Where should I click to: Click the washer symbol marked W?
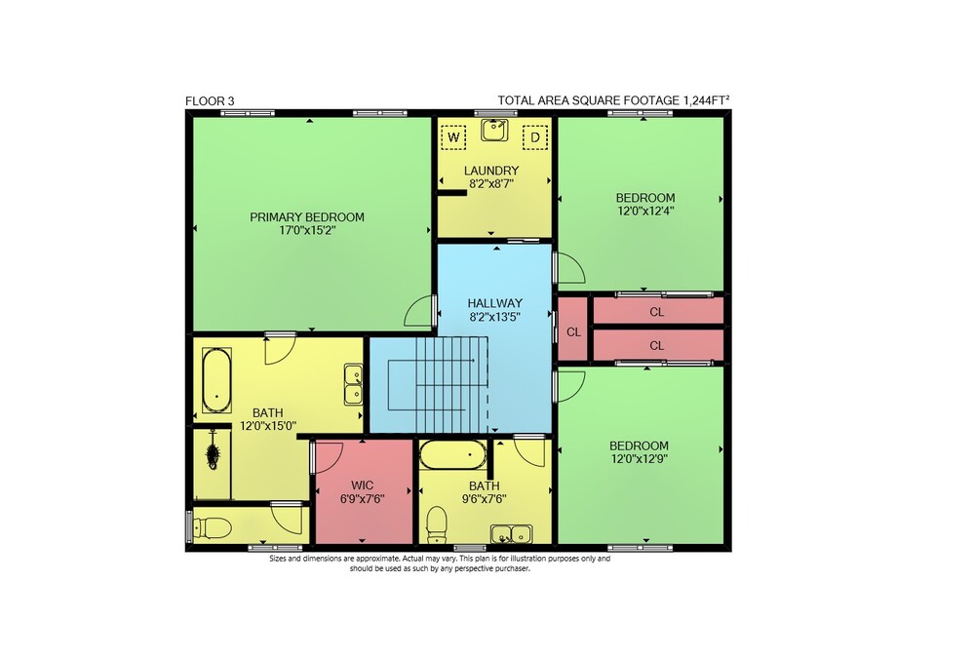pos(453,136)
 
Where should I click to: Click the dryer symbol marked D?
pos(534,136)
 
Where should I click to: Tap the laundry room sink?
pos(494,130)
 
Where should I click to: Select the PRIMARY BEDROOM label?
pos(307,216)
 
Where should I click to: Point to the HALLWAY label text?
pos(495,303)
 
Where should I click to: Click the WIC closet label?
pos(362,485)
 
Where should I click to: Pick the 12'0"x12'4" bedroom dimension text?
pos(645,211)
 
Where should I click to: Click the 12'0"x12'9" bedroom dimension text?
pos(640,458)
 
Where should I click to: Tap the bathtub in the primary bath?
pos(216,380)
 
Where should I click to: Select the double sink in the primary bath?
pos(354,385)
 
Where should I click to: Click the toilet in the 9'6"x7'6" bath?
pos(437,524)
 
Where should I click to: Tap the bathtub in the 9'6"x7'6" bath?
pos(453,455)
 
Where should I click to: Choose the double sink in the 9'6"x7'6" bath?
pos(511,534)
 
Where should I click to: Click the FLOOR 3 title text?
pos(210,100)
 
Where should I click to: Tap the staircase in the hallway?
pos(439,383)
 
